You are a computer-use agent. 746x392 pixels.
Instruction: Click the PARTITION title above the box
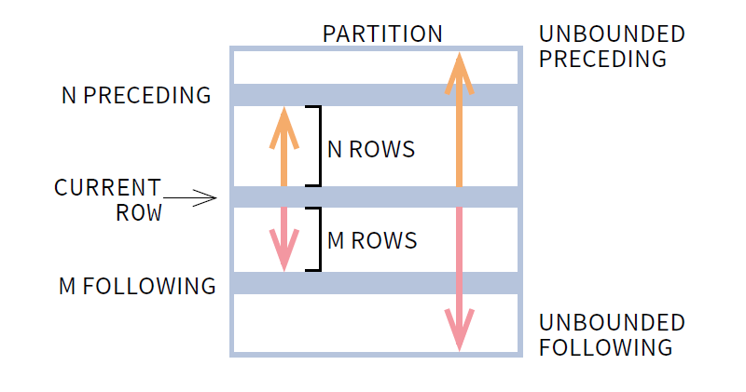[382, 34]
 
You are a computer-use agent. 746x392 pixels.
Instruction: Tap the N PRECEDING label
[136, 95]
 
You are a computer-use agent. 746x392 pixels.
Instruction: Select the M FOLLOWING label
[137, 286]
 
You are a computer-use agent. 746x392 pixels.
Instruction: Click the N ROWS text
[371, 149]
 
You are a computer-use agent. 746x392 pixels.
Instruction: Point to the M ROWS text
[372, 240]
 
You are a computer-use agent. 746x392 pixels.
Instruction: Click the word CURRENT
[107, 187]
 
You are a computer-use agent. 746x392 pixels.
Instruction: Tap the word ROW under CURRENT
[139, 212]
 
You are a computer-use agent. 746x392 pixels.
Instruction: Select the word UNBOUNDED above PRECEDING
[612, 34]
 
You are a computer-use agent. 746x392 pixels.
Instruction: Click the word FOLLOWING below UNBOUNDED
[605, 347]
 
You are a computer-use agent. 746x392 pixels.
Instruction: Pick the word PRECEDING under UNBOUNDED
[602, 59]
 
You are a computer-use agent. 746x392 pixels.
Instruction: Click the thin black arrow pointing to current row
[190, 197]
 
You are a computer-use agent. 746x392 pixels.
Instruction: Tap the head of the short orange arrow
[284, 127]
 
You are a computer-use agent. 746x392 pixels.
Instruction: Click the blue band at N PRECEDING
[373, 95]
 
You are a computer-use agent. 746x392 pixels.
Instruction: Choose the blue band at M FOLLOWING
[373, 283]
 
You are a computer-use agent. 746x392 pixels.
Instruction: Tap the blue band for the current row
[373, 197]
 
